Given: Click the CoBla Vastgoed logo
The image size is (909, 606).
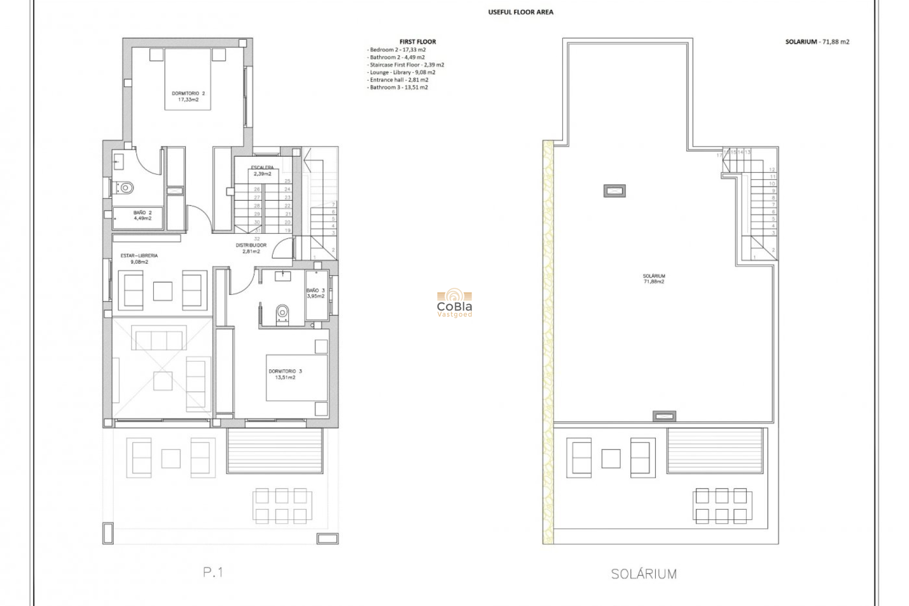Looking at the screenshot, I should click(454, 304).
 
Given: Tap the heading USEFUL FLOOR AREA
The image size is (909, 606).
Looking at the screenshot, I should click(520, 12).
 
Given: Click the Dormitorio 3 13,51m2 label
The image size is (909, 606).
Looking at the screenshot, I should click(285, 374).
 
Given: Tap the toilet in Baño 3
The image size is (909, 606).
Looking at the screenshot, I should click(283, 312).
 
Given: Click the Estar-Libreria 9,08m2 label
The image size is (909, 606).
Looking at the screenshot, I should click(139, 258).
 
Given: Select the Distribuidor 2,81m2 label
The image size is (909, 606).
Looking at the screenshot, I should click(251, 248).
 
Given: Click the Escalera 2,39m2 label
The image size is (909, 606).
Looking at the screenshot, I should click(262, 170).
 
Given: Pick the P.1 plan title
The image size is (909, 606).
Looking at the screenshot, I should click(213, 572).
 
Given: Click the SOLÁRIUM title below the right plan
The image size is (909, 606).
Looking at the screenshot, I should click(643, 574).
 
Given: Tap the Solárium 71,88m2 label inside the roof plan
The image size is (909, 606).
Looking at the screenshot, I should click(654, 278).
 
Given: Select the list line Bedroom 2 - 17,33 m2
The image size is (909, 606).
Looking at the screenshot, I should click(397, 50).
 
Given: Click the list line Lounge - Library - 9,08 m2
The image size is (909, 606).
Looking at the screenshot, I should click(401, 72).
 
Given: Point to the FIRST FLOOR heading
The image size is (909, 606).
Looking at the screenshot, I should click(418, 42).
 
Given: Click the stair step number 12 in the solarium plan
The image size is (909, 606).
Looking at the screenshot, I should click(772, 169).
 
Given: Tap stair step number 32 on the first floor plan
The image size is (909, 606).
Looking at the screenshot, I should click(257, 239).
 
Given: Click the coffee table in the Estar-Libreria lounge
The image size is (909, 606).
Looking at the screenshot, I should click(163, 291).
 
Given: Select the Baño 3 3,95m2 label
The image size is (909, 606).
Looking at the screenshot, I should click(315, 293).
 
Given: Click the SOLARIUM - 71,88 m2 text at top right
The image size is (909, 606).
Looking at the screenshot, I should click(817, 42).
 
